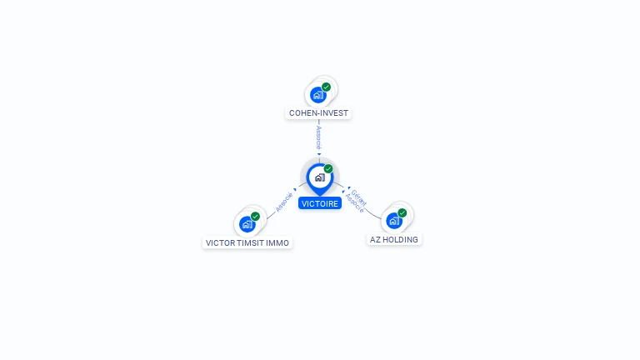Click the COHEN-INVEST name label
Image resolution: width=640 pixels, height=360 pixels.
[x=318, y=113]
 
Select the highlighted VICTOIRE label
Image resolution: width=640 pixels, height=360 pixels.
[x=320, y=203]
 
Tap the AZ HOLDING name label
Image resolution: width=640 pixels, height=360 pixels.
[x=394, y=240]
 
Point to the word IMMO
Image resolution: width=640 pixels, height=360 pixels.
[x=277, y=243]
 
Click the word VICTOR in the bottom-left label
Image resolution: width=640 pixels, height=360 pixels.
[x=220, y=243]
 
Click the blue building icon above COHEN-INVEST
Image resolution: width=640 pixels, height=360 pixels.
[x=318, y=95]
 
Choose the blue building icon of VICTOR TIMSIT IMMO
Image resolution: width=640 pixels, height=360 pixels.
[x=247, y=224]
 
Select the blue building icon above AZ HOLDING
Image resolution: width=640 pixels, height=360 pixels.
[x=394, y=221]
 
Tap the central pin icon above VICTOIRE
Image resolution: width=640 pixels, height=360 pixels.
[x=320, y=179]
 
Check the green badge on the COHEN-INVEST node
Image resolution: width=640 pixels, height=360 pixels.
[x=326, y=87]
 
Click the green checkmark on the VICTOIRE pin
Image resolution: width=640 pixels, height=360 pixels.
[x=328, y=168]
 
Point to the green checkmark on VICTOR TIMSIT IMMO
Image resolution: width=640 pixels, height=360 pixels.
[x=256, y=217]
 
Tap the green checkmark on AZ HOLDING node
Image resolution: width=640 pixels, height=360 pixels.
[x=402, y=212]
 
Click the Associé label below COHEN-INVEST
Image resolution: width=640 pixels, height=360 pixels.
[x=319, y=138]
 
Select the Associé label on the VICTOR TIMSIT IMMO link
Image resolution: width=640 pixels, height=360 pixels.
[x=284, y=202]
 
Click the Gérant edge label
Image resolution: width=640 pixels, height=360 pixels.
[x=359, y=197]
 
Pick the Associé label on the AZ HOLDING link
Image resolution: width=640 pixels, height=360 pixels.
[x=354, y=203]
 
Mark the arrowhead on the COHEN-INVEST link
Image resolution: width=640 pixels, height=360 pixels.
[x=319, y=154]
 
